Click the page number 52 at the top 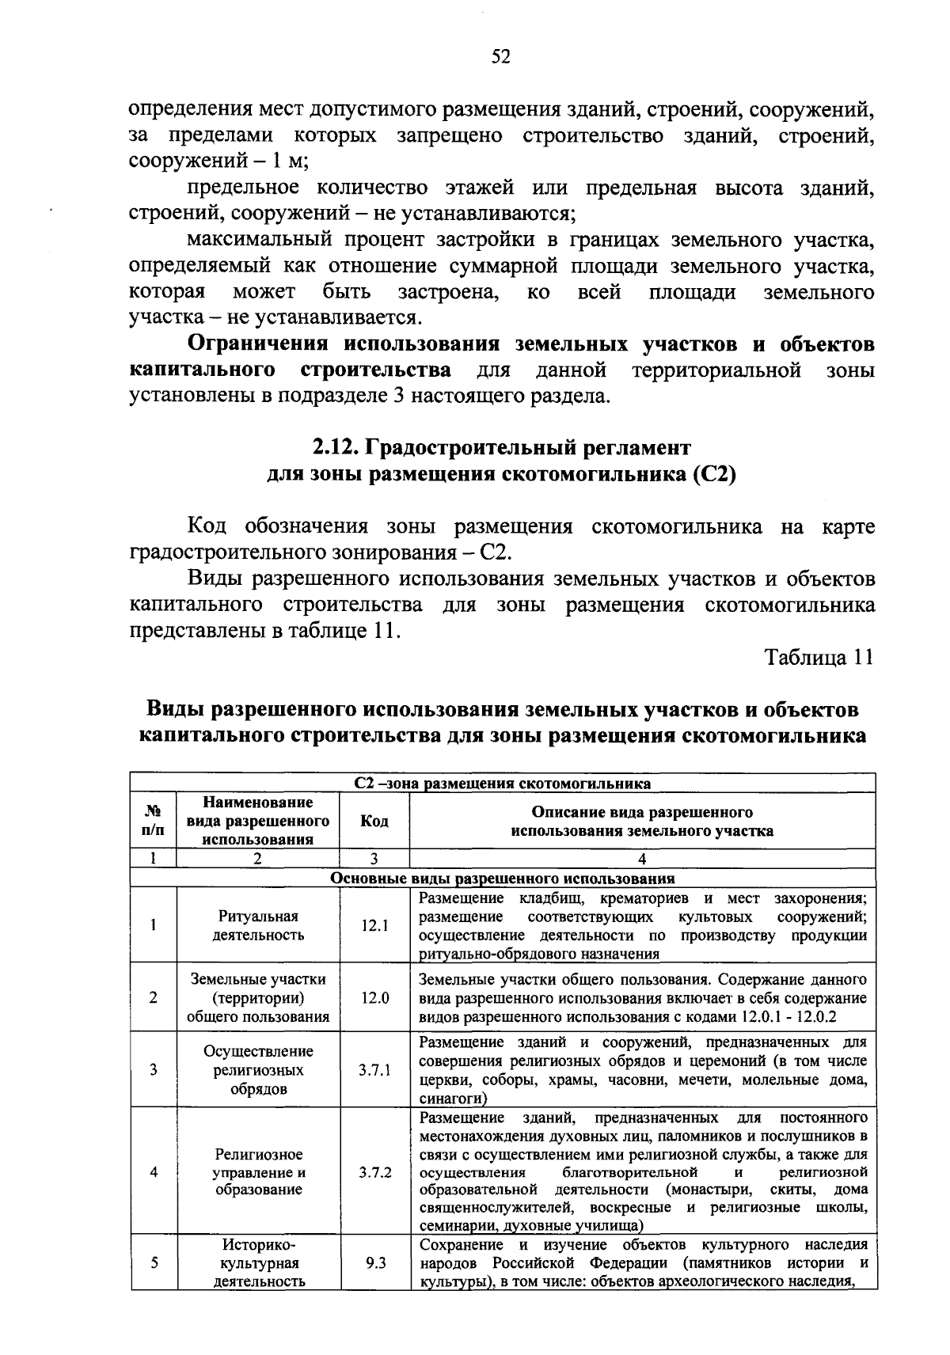(500, 56)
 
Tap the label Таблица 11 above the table (819, 657)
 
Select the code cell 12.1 (374, 925)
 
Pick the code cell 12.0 (374, 998)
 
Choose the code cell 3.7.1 (374, 1070)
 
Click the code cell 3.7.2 (374, 1172)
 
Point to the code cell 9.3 (374, 1263)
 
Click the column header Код (374, 822)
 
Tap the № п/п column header (154, 822)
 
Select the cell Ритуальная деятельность (258, 925)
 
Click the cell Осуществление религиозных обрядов (258, 1070)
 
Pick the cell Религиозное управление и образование (258, 1172)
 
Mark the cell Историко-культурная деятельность (258, 1263)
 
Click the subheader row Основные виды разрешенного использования (502, 879)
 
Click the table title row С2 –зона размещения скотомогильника (502, 784)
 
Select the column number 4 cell (641, 860)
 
